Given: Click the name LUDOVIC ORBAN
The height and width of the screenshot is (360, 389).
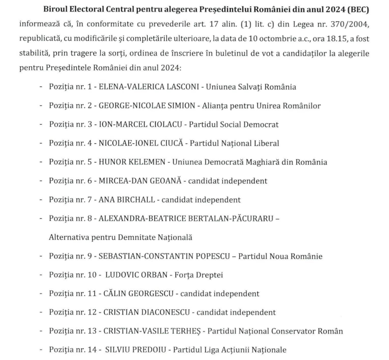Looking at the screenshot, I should coord(135,275).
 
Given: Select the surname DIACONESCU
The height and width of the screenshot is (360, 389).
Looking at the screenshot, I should coord(161,313).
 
